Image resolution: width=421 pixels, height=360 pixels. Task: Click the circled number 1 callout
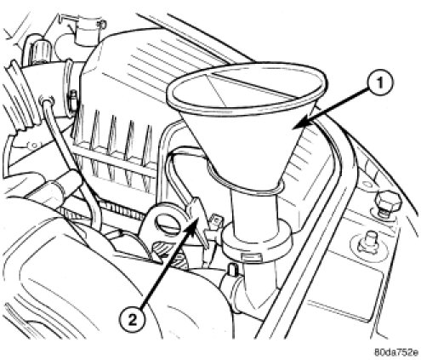380,83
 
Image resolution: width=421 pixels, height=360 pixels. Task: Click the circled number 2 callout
133,320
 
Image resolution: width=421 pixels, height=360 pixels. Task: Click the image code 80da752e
396,352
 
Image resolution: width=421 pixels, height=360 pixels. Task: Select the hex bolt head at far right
389,203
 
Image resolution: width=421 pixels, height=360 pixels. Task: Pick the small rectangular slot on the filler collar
250,256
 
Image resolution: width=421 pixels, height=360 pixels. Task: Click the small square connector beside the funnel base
216,220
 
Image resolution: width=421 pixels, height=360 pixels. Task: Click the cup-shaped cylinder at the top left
88,31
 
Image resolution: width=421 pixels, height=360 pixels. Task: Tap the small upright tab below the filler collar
232,270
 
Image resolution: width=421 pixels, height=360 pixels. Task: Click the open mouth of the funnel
247,85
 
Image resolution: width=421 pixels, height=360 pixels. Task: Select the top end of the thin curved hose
46,100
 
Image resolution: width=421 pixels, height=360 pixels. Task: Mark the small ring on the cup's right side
103,25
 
